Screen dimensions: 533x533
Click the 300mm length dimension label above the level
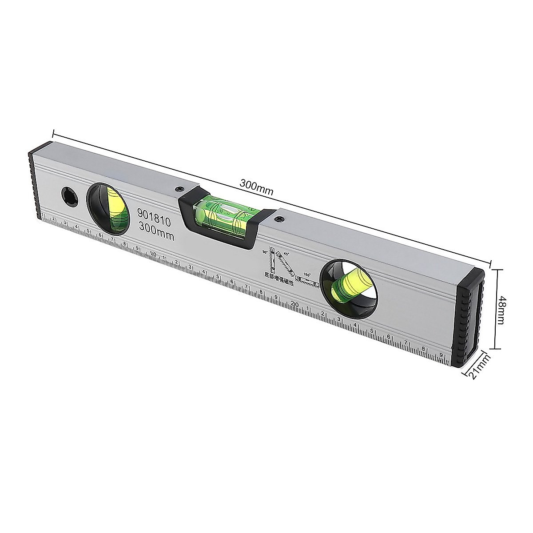[256, 185]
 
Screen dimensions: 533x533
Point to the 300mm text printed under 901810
[155, 231]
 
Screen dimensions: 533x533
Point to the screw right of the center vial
[279, 219]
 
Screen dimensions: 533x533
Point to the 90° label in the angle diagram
[265, 252]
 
